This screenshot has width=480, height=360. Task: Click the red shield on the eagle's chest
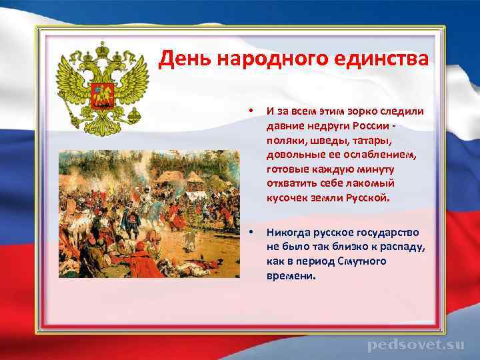pyautogui.click(x=103, y=93)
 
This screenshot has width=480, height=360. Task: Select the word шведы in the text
pyautogui.click(x=327, y=139)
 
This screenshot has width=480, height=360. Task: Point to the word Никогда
pyautogui.click(x=287, y=233)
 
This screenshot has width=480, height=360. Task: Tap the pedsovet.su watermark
pyautogui.click(x=415, y=345)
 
